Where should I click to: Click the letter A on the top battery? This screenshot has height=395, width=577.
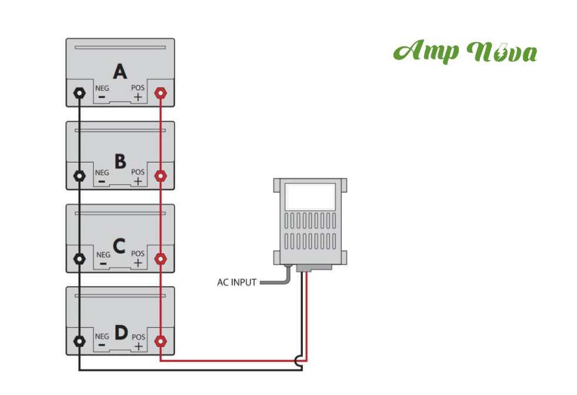(120, 72)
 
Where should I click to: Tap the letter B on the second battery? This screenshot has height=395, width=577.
(120, 161)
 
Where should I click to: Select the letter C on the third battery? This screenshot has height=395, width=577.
(119, 245)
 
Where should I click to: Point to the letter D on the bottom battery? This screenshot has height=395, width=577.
(121, 333)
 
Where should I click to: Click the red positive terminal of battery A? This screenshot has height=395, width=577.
(159, 93)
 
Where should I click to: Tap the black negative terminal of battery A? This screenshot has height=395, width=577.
(79, 93)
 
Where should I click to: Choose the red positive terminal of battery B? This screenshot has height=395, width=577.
(159, 175)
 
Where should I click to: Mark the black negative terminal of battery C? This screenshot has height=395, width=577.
(79, 258)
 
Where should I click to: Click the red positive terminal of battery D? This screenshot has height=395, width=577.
(159, 341)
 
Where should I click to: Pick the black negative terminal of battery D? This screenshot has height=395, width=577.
(79, 341)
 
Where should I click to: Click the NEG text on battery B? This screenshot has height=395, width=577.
(102, 173)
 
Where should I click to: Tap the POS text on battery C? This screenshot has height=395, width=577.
(138, 254)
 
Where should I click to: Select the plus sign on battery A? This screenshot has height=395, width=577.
(138, 98)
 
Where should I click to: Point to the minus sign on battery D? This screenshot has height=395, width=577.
(102, 346)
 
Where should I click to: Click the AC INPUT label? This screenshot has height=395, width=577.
(236, 283)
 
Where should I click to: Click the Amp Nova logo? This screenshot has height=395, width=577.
(465, 52)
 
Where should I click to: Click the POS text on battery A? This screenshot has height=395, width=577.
(138, 88)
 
